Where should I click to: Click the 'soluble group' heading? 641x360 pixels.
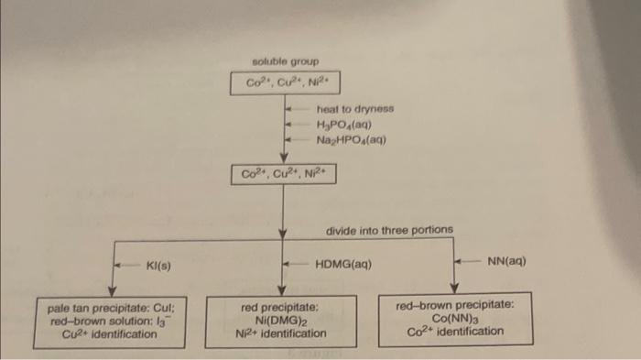pos(285,61)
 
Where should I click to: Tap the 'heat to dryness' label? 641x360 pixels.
pos(354,108)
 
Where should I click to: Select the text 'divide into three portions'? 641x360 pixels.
pos(389,229)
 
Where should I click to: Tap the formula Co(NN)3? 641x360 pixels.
pos(453,318)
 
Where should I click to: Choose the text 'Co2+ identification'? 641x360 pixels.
pos(454,331)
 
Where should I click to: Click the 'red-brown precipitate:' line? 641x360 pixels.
pos(454,305)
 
